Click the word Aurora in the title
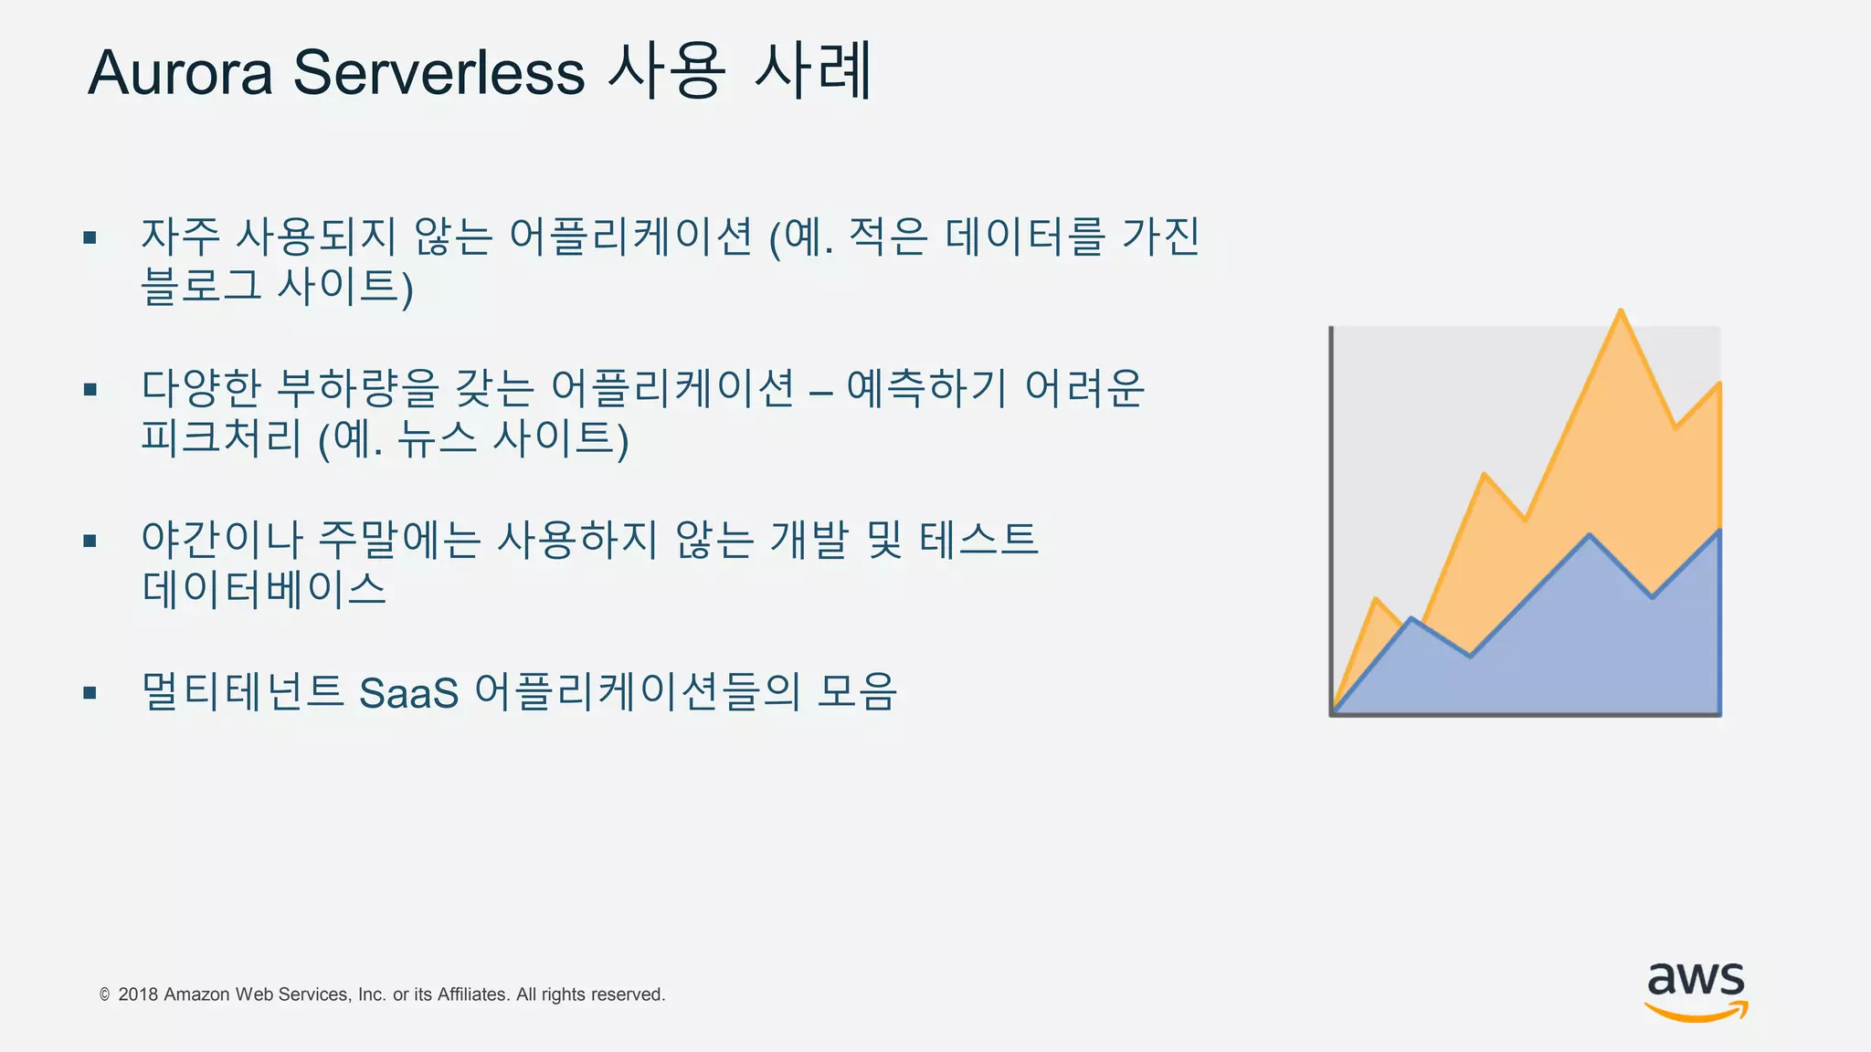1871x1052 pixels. click(x=180, y=73)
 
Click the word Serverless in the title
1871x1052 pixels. click(x=439, y=73)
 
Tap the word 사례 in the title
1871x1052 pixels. click(x=813, y=71)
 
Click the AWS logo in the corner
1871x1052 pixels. click(x=1696, y=990)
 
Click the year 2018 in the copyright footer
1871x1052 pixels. click(x=138, y=994)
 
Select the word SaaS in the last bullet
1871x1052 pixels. click(x=408, y=693)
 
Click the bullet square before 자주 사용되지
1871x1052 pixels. click(x=90, y=238)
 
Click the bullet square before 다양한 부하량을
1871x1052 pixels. click(x=90, y=390)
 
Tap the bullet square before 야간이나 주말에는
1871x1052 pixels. click(x=90, y=541)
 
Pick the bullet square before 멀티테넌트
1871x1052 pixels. click(x=90, y=693)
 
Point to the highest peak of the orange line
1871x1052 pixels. click(x=1621, y=311)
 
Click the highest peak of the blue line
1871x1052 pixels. click(x=1590, y=535)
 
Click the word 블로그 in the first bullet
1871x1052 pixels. click(x=201, y=286)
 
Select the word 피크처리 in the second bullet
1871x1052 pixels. click(x=221, y=437)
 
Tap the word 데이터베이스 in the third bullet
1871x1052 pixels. click(x=264, y=589)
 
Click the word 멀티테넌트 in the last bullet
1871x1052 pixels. click(x=242, y=691)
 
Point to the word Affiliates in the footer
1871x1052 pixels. click(x=471, y=994)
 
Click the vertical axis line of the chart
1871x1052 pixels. click(x=1331, y=521)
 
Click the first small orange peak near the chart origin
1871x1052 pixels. click(x=1376, y=600)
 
